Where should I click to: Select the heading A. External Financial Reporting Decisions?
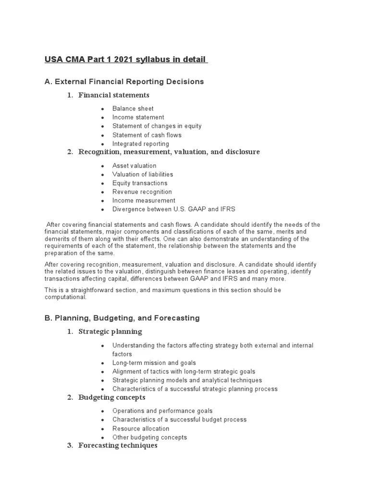124,82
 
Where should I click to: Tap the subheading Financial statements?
114,95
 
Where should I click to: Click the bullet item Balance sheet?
133,109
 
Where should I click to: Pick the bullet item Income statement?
138,117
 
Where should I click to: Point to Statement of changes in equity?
157,126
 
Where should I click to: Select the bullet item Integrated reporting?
141,144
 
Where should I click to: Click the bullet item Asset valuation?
134,166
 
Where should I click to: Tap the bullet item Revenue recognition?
142,192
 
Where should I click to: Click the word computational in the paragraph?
65,297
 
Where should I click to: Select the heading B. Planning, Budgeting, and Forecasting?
122,318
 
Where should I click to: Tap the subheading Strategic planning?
110,332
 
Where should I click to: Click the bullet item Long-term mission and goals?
154,363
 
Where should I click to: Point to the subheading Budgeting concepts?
111,397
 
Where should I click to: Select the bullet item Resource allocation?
141,429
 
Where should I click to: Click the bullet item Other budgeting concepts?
149,437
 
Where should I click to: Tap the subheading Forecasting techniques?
118,445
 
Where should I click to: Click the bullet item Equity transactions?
140,183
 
